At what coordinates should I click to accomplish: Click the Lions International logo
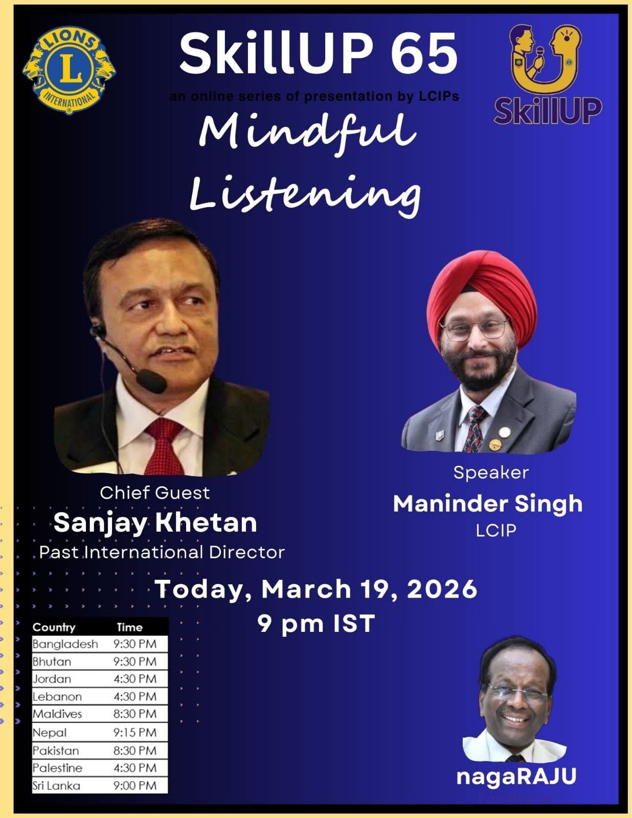tap(69, 70)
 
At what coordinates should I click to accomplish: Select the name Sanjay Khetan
tap(155, 522)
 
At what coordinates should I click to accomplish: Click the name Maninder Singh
tap(488, 504)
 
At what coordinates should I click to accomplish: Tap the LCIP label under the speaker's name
tap(496, 530)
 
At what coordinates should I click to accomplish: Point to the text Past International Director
tap(162, 552)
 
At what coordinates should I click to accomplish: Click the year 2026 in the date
tap(442, 589)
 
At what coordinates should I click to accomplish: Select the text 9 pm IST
tap(316, 624)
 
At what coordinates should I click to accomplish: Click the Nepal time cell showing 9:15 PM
tap(135, 732)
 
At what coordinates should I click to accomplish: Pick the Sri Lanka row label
tap(56, 785)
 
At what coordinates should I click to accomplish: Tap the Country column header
tap(54, 627)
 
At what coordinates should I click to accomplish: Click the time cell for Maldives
tap(135, 714)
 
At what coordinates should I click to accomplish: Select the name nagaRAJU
tap(516, 777)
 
